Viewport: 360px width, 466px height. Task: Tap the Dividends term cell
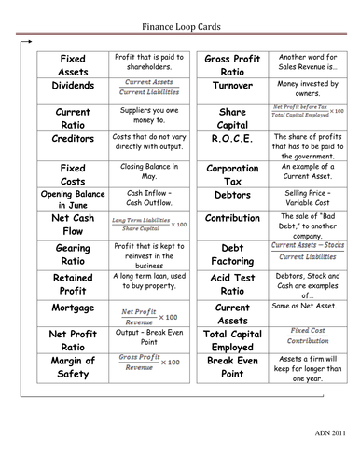pos(73,86)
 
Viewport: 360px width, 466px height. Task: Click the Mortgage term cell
pos(73,308)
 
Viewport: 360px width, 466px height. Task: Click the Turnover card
pos(232,86)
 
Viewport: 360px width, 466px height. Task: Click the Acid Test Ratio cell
pos(232,285)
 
